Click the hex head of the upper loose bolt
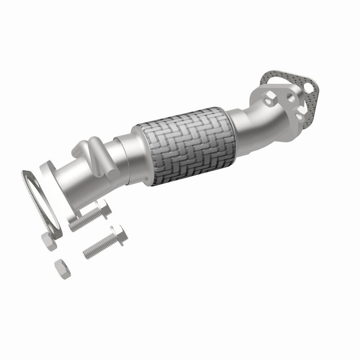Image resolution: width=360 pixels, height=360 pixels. pyautogui.click(x=103, y=209)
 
